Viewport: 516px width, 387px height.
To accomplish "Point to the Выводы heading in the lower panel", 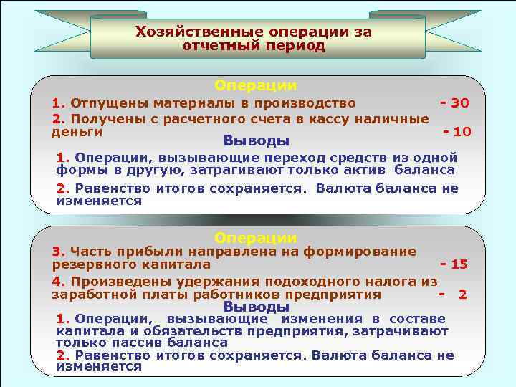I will (257, 307).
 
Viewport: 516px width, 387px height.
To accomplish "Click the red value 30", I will (459, 103).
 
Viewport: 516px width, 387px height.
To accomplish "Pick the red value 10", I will (462, 132).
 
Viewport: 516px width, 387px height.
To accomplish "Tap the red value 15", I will (459, 264).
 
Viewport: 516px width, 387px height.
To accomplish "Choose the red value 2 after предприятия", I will (463, 294).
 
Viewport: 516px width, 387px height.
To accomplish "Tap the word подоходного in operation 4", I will (283, 280).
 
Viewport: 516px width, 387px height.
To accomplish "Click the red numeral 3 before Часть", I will (55, 251).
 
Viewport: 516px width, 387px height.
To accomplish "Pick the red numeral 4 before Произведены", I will (55, 280).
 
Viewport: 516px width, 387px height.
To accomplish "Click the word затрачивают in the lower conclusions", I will (410, 331).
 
